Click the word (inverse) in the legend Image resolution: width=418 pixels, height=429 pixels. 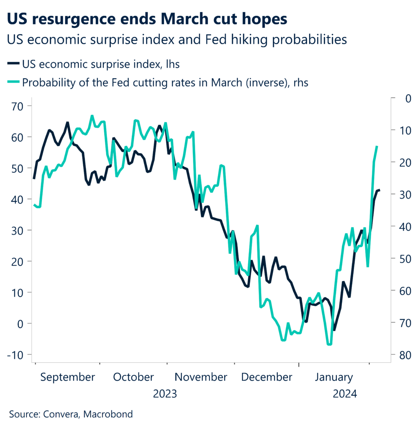pyautogui.click(x=247, y=83)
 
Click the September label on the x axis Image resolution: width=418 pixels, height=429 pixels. pyautogui.click(x=68, y=377)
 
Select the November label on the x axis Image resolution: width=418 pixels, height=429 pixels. pyautogui.click(x=201, y=377)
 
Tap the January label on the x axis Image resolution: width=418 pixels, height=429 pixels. pyautogui.click(x=333, y=377)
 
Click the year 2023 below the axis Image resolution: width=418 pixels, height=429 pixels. pyautogui.click(x=165, y=394)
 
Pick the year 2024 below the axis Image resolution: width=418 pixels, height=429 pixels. pyautogui.click(x=344, y=394)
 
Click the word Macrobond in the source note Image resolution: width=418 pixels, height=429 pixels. pyautogui.click(x=108, y=415)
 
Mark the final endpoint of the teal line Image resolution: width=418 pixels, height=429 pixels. pyautogui.click(x=377, y=147)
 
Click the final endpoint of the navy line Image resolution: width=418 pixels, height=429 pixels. pyautogui.click(x=379, y=190)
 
